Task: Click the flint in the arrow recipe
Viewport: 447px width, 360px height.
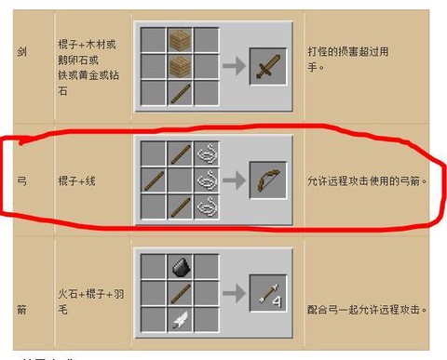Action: click(x=181, y=268)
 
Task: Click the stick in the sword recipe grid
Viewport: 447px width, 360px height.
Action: click(x=181, y=92)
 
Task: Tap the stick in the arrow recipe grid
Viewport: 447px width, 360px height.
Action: click(x=181, y=293)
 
